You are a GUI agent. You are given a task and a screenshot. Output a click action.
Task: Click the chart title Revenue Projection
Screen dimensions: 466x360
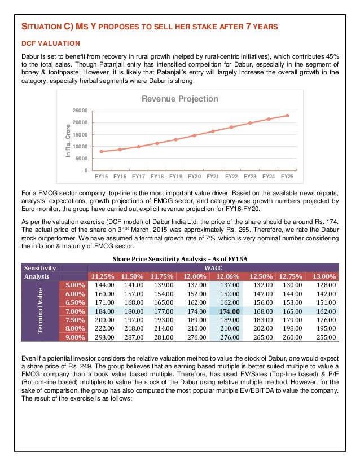(179, 99)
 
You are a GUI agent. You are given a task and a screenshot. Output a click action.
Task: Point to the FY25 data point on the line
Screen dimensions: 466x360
(287, 116)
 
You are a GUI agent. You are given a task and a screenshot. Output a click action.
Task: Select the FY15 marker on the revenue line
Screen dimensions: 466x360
(101, 151)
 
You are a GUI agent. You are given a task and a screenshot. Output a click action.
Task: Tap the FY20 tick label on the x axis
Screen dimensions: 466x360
(194, 177)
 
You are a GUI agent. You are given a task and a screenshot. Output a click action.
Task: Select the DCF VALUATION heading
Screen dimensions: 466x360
(50, 43)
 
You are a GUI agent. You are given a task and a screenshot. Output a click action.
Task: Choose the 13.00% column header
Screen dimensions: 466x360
(324, 276)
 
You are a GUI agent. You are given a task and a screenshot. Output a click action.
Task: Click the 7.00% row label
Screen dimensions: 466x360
(74, 311)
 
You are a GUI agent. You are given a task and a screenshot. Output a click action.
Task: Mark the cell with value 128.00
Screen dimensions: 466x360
(326, 285)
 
